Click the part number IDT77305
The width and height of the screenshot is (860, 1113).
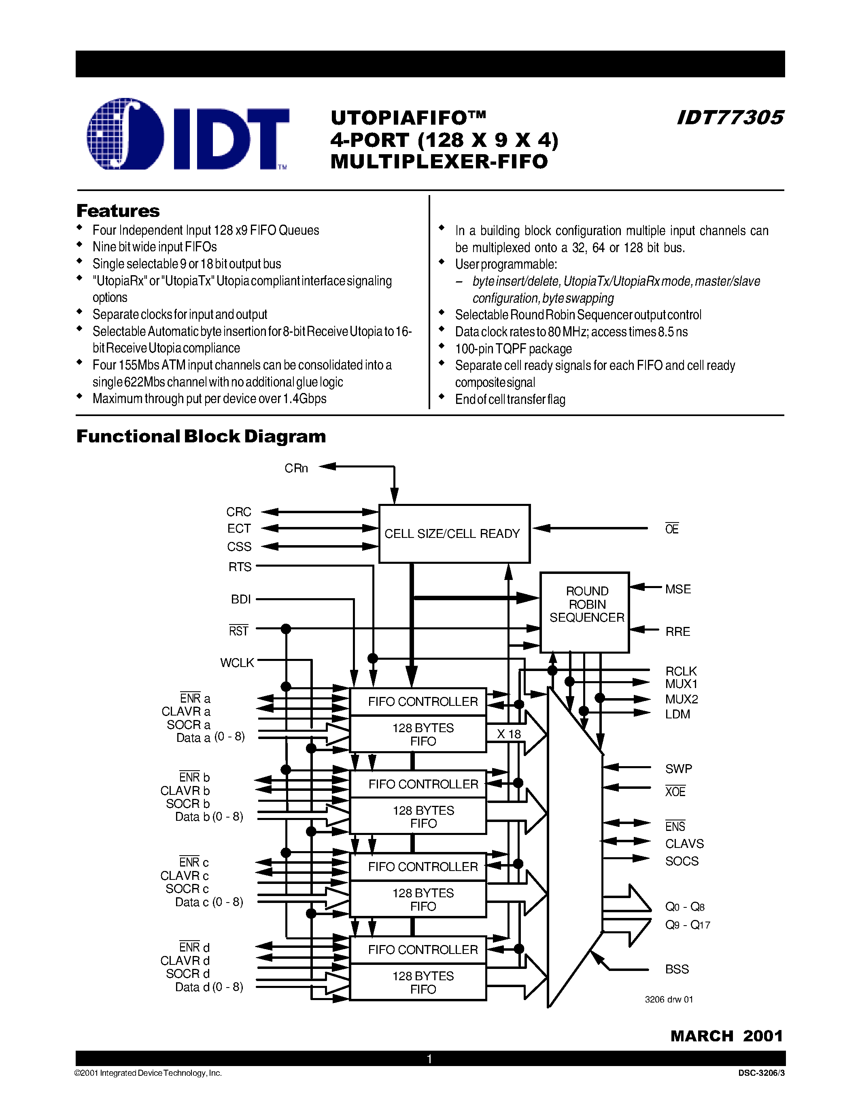click(730, 118)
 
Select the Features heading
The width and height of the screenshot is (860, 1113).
click(118, 210)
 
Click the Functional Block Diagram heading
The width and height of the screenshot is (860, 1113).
click(201, 436)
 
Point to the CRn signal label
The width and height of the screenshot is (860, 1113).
click(296, 468)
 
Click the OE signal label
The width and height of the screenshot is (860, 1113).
click(671, 529)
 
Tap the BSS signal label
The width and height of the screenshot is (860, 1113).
click(677, 969)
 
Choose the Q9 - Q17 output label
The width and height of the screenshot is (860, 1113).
click(687, 924)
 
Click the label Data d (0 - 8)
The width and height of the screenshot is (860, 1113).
click(209, 987)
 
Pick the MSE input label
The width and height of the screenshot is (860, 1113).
click(677, 589)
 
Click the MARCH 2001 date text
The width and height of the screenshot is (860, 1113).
click(726, 1036)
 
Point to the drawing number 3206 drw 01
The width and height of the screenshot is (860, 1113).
click(669, 999)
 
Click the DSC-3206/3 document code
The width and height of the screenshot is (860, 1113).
click(761, 1073)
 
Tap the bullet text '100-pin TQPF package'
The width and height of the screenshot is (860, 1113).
click(513, 348)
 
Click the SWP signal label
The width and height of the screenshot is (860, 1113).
click(678, 769)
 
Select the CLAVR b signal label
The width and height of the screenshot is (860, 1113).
click(185, 790)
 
